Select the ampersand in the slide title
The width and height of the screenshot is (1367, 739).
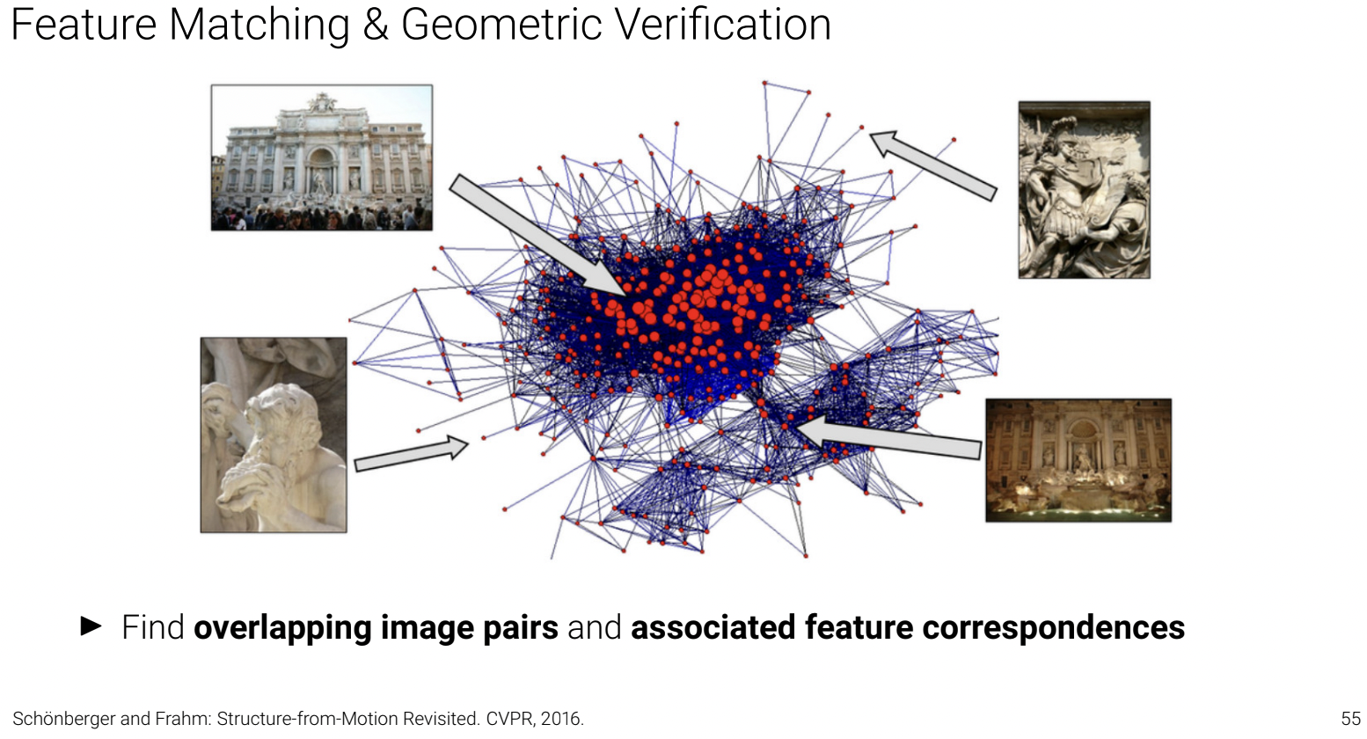click(376, 25)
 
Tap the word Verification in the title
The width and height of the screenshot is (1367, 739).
click(722, 25)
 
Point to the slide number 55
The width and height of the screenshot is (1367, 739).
click(1350, 719)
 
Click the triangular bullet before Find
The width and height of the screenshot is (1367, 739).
click(91, 626)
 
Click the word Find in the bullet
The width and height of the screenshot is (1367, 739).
click(152, 628)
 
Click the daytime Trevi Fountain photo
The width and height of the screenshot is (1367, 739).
click(322, 157)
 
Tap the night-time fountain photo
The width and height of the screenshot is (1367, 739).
click(1078, 460)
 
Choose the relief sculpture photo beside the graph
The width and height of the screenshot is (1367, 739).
click(1084, 190)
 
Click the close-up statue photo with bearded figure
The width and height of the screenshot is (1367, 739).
click(274, 435)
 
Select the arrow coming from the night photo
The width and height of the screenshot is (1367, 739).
click(888, 437)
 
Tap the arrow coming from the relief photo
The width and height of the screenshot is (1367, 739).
click(933, 165)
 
